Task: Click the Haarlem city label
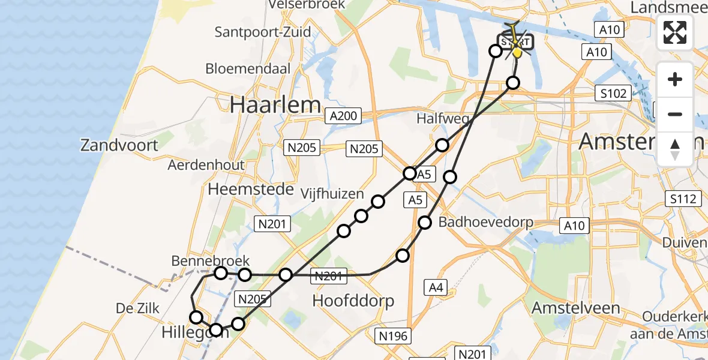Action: point(275,106)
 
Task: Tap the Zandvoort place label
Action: point(120,145)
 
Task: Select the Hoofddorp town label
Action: point(353,301)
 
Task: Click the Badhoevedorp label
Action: point(486,223)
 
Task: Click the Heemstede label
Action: point(251,190)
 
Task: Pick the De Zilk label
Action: point(139,308)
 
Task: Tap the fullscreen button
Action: point(675,32)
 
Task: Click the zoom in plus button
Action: point(675,79)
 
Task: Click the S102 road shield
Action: point(613,93)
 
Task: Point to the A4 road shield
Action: point(436,287)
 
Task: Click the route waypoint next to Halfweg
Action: point(442,145)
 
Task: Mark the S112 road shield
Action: point(684,199)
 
